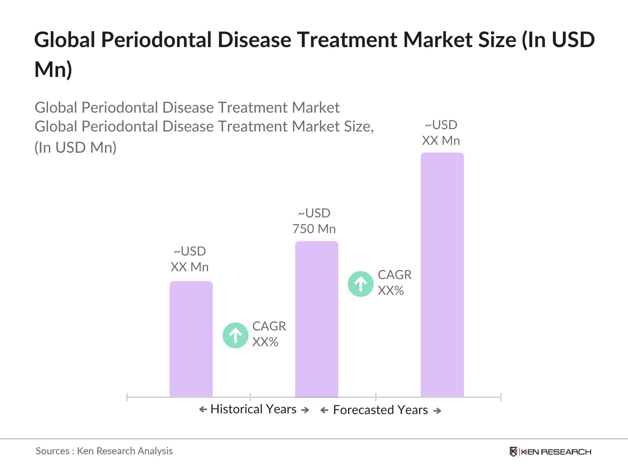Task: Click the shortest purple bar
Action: [x=191, y=339]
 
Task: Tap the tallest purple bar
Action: [x=442, y=275]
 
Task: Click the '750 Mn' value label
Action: [x=314, y=229]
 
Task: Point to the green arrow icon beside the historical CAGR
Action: [x=235, y=336]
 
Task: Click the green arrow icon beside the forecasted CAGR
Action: [x=361, y=284]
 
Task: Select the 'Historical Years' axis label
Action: [x=254, y=409]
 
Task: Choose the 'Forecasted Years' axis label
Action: [x=380, y=410]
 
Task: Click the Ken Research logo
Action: [x=550, y=452]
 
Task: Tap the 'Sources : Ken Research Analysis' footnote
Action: [x=104, y=451]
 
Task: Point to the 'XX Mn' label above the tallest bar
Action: [x=441, y=141]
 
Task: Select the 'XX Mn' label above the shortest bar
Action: [x=190, y=267]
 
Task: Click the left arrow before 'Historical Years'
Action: [x=203, y=410]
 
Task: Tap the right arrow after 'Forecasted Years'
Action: [x=437, y=411]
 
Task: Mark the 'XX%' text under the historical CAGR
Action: [x=265, y=342]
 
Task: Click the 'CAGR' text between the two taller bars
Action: [x=394, y=275]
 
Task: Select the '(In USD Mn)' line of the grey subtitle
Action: [x=76, y=148]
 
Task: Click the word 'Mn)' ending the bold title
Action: [x=53, y=70]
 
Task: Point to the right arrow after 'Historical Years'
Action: [x=305, y=410]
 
